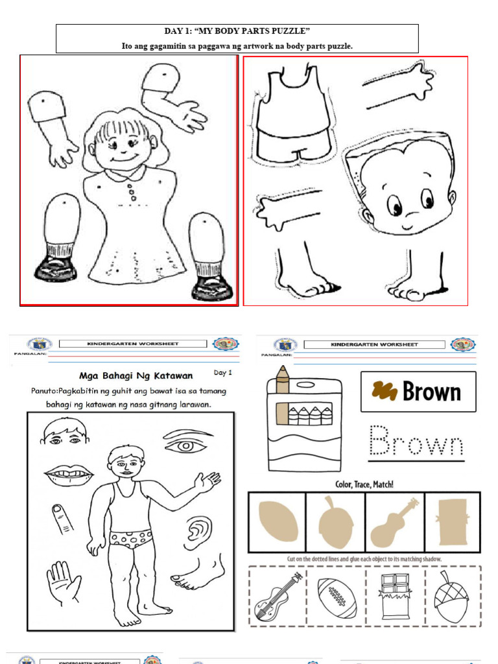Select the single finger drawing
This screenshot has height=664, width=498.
(63, 518)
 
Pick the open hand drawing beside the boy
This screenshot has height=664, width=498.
(64, 582)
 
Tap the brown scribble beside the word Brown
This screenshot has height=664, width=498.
(384, 390)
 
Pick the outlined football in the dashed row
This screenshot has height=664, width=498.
(337, 597)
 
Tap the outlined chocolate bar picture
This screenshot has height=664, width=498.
(394, 597)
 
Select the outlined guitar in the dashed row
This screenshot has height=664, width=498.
(278, 595)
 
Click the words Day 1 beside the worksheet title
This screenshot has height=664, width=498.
(222, 373)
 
